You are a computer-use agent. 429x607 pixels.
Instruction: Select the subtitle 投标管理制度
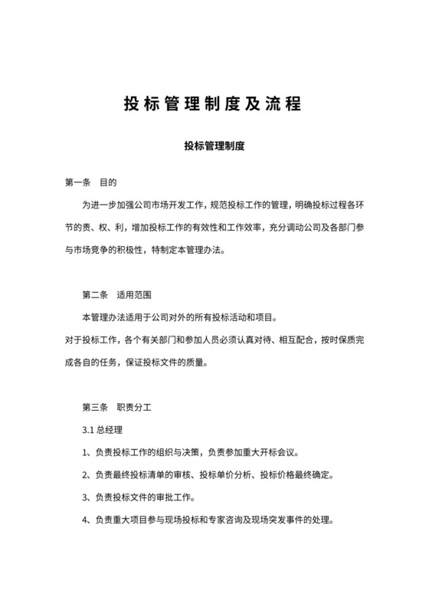pyautogui.click(x=214, y=145)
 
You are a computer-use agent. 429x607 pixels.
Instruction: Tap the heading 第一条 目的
pyautogui.click(x=90, y=183)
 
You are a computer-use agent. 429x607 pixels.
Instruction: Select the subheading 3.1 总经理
pyautogui.click(x=102, y=429)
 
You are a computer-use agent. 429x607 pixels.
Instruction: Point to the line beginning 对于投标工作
pyautogui.click(x=214, y=340)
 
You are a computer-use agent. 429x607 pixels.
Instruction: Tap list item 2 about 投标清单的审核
pyautogui.click(x=207, y=475)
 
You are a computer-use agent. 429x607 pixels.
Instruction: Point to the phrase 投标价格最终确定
pyautogui.click(x=296, y=475)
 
